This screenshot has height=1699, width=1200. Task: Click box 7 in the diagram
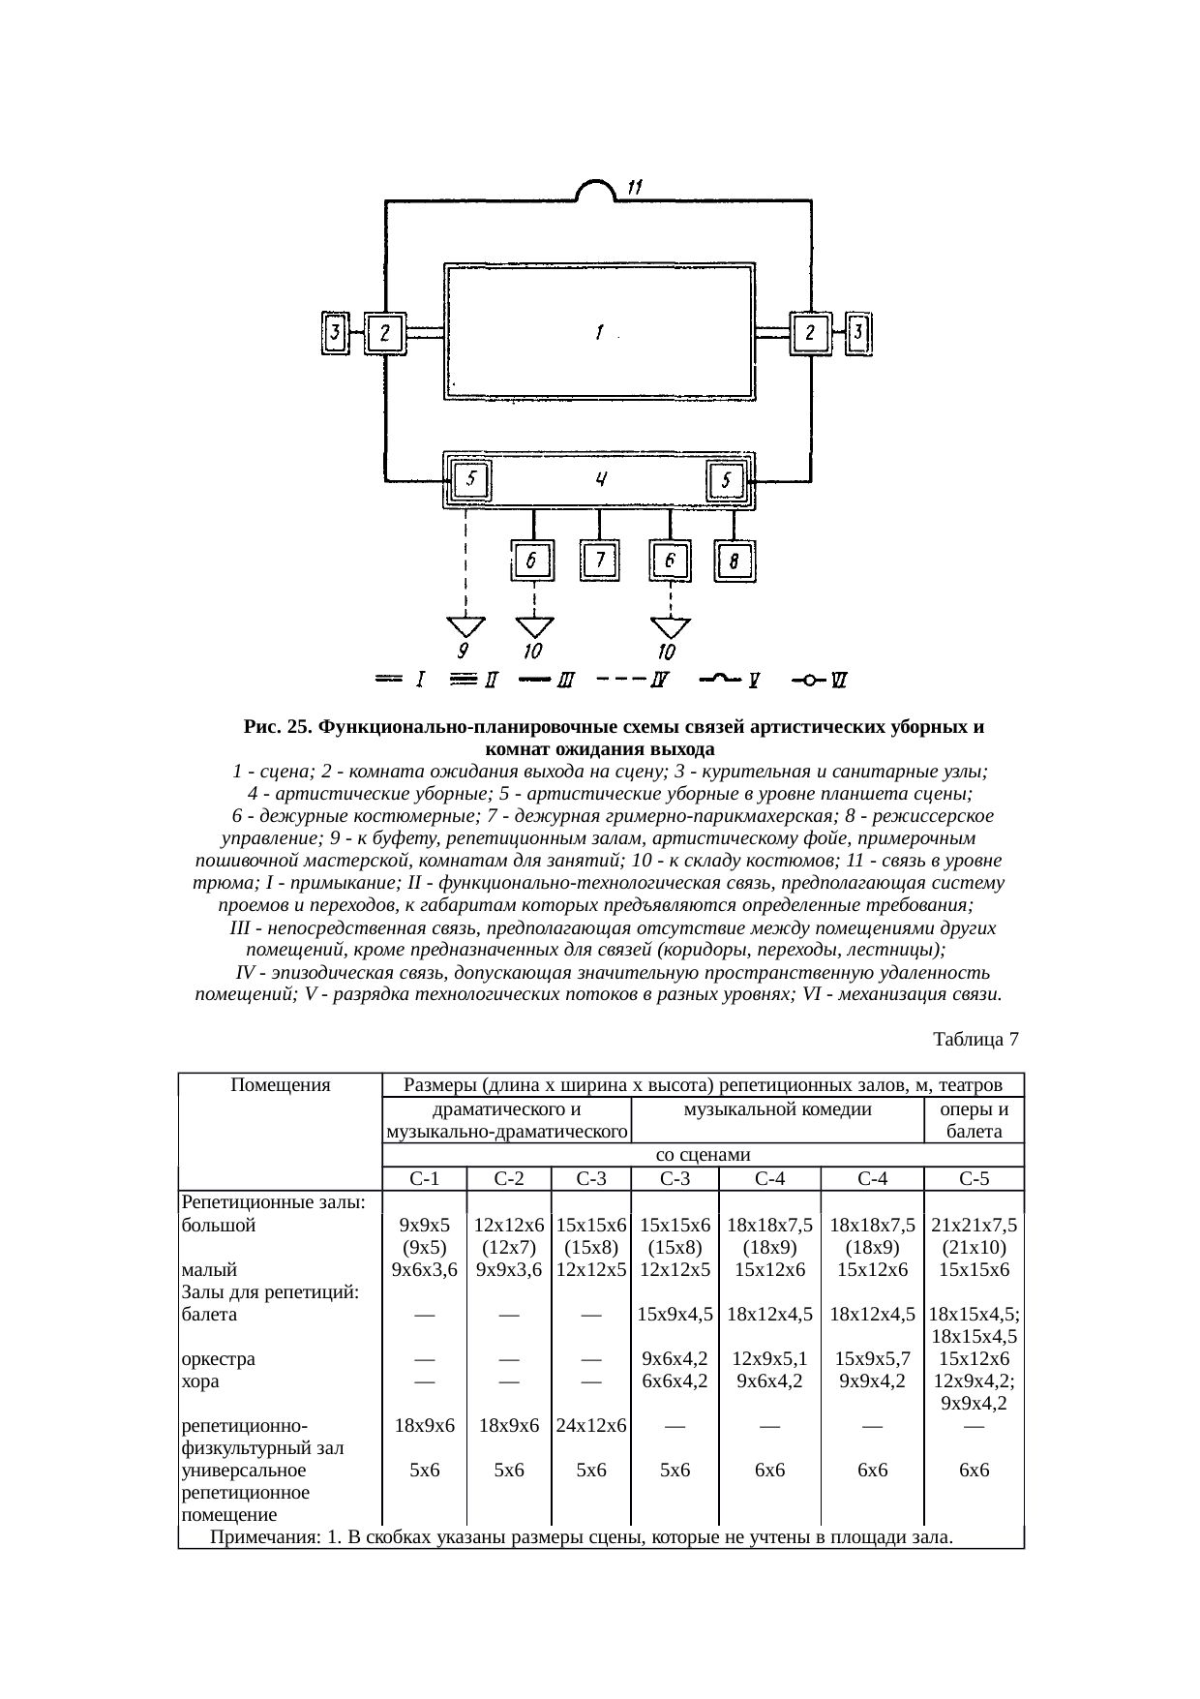point(600,561)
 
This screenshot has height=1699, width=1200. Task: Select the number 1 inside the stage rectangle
point(600,332)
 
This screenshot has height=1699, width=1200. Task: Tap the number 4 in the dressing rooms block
point(601,479)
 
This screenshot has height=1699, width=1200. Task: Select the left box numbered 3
point(335,334)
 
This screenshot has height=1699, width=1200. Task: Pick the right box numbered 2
point(810,333)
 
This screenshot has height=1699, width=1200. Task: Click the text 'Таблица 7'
point(975,1040)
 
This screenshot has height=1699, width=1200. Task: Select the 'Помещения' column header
point(281,1085)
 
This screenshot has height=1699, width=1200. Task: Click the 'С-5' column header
point(974,1179)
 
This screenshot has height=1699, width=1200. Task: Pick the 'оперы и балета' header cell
point(974,1121)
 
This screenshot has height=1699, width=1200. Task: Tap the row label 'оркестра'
point(219,1359)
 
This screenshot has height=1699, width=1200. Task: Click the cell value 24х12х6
point(590,1426)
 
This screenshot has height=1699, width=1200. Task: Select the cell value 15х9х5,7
point(872,1359)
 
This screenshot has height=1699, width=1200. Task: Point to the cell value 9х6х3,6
point(425,1269)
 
